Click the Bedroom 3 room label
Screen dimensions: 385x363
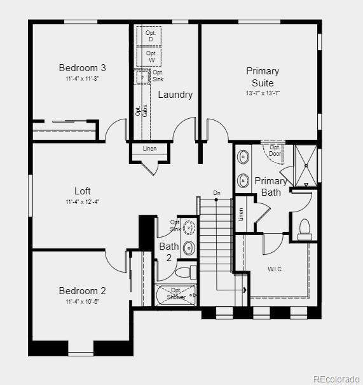coord(82,68)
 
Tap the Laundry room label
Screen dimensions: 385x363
coord(175,95)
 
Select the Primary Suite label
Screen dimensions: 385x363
coord(263,77)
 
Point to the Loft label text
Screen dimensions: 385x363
coord(82,191)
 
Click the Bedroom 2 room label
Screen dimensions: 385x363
coord(82,291)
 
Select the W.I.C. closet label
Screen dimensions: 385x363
coord(275,269)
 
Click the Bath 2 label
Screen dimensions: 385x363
coord(169,252)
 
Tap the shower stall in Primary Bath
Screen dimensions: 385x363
coord(306,165)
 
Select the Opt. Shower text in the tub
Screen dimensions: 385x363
coord(176,294)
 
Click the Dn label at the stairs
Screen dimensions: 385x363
coord(217,192)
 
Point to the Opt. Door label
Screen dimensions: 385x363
coord(275,151)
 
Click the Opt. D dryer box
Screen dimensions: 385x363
coord(151,36)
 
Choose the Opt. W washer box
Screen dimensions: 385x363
coord(151,57)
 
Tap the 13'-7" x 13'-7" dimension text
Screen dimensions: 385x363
coord(263,93)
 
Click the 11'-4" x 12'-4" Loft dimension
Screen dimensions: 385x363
coord(82,201)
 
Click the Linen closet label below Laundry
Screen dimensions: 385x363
coord(149,149)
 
